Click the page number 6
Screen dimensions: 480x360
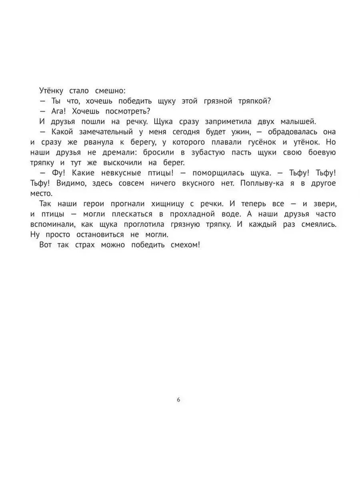click(178, 400)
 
